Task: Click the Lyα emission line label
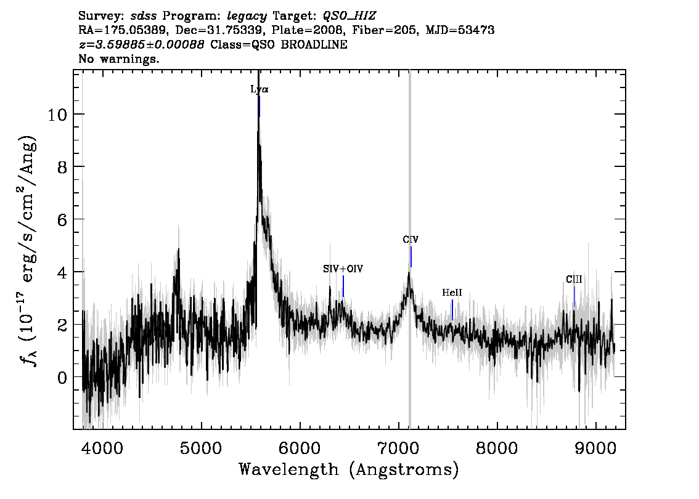pyautogui.click(x=260, y=89)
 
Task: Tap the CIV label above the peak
pyautogui.click(x=411, y=240)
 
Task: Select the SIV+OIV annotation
pyautogui.click(x=343, y=269)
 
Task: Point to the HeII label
pyautogui.click(x=452, y=293)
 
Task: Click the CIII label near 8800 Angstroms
pyautogui.click(x=574, y=279)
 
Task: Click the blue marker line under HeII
pyautogui.click(x=452, y=310)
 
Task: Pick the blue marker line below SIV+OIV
pyautogui.click(x=343, y=286)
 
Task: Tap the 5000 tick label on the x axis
pyautogui.click(x=201, y=448)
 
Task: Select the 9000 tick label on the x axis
pyautogui.click(x=595, y=448)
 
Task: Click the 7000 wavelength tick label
pyautogui.click(x=399, y=448)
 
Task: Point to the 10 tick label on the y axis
pyautogui.click(x=57, y=115)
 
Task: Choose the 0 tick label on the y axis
pyautogui.click(x=62, y=378)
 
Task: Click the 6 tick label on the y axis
pyautogui.click(x=62, y=220)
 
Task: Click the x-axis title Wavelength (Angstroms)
pyautogui.click(x=349, y=469)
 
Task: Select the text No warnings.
pyautogui.click(x=118, y=59)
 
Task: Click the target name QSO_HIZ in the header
pyautogui.click(x=349, y=16)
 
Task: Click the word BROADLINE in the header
pyautogui.click(x=314, y=44)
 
